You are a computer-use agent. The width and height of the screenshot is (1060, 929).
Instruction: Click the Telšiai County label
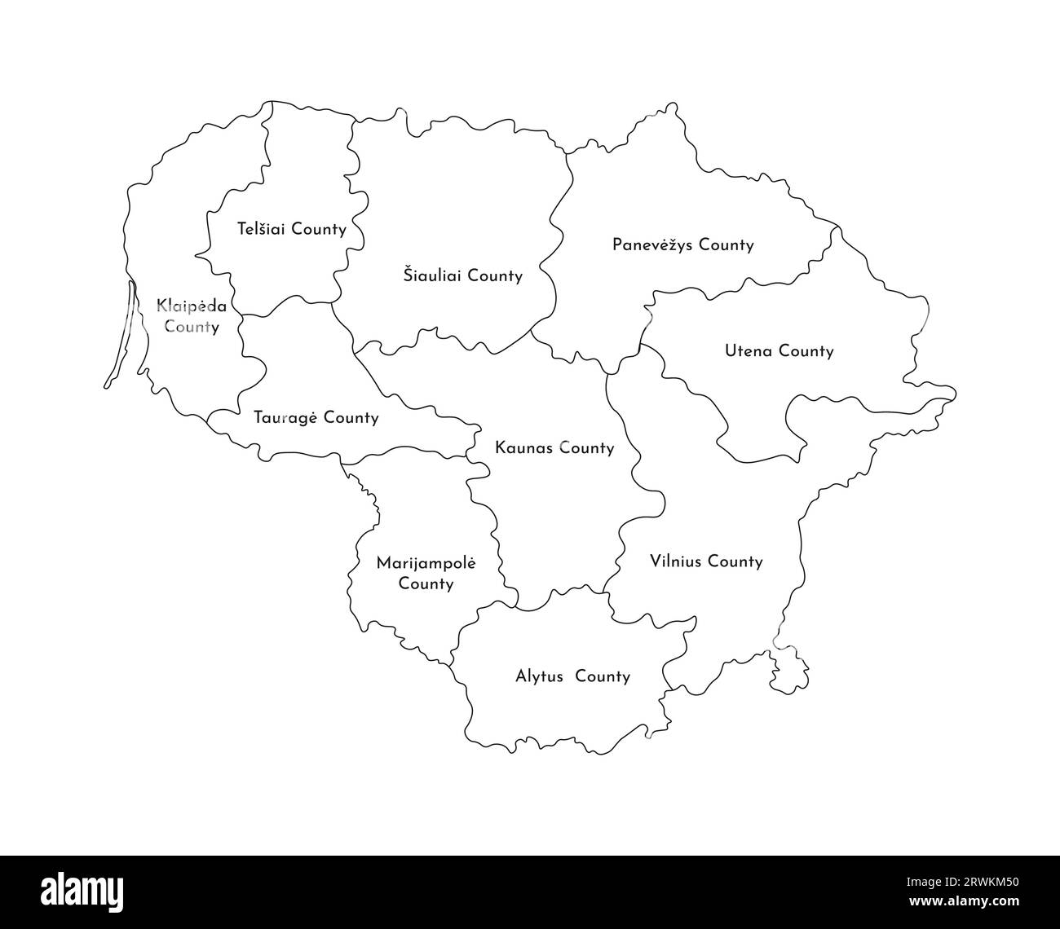[x=291, y=229]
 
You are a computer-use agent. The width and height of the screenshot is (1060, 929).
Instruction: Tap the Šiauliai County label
[x=462, y=275]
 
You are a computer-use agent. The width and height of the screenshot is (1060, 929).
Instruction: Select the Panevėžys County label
[x=682, y=244]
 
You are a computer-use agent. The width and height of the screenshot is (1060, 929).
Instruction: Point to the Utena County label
[x=779, y=351]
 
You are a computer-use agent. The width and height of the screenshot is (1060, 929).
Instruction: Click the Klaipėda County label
[x=192, y=317]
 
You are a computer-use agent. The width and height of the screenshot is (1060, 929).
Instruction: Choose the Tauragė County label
[x=316, y=418]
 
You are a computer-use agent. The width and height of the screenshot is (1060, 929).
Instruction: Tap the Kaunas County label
[x=554, y=447]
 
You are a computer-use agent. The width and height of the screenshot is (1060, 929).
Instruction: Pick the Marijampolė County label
[x=426, y=573]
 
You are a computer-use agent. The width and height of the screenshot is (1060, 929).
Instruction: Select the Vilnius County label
[x=706, y=561]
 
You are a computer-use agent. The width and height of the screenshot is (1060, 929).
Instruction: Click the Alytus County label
[x=572, y=676]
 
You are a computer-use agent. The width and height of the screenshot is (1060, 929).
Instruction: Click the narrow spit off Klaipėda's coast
[x=121, y=334]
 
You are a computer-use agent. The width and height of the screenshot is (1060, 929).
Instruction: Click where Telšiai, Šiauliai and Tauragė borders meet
[x=332, y=305]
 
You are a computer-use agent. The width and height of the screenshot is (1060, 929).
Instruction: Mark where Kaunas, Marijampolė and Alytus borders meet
[x=517, y=607]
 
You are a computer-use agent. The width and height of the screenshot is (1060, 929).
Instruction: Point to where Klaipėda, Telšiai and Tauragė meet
[x=238, y=315]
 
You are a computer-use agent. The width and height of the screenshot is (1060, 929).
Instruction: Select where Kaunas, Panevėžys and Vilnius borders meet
[x=608, y=374]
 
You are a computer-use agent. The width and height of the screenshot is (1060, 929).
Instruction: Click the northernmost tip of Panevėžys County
[x=671, y=104]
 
